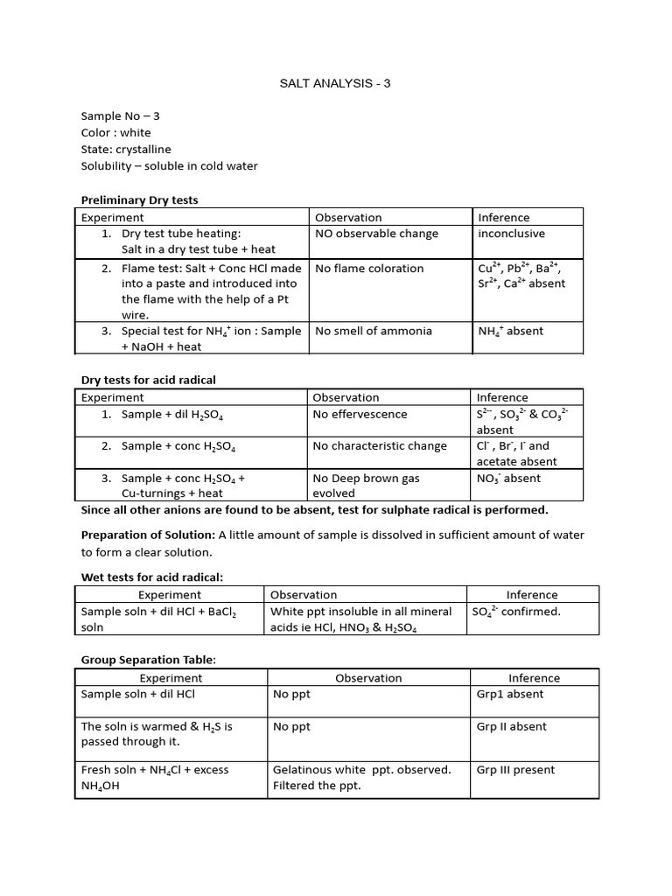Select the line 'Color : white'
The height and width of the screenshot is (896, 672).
115,133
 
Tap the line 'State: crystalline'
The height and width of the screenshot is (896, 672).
126,150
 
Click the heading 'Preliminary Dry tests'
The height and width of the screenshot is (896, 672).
139,200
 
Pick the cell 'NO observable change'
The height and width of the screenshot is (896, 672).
376,234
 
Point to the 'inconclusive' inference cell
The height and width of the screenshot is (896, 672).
511,234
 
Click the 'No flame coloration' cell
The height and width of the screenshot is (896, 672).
368,269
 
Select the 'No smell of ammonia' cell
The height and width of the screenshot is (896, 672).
369,331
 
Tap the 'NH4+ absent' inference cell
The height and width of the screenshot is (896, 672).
510,332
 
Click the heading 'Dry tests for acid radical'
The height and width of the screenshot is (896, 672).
148,380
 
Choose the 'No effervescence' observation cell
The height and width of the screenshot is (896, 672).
360,414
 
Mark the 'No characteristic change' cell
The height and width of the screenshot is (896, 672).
380,446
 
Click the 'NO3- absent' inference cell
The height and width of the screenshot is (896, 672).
508,479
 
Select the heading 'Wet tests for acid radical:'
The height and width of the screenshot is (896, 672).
151,577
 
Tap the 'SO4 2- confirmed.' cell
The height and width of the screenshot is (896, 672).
515,612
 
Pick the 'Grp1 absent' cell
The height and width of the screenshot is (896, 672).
509,694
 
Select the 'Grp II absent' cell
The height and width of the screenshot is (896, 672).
511,726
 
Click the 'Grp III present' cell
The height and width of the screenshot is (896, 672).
515,770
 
